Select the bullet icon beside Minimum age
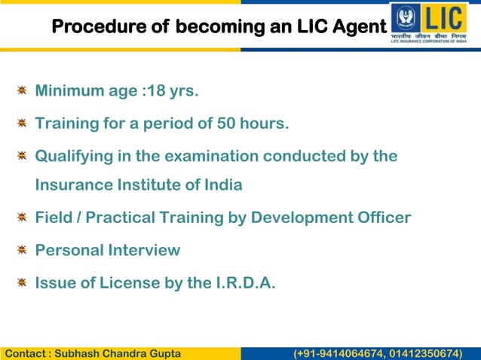23,91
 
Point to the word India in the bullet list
222,185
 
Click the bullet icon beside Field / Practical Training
23,218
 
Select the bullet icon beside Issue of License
23,282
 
